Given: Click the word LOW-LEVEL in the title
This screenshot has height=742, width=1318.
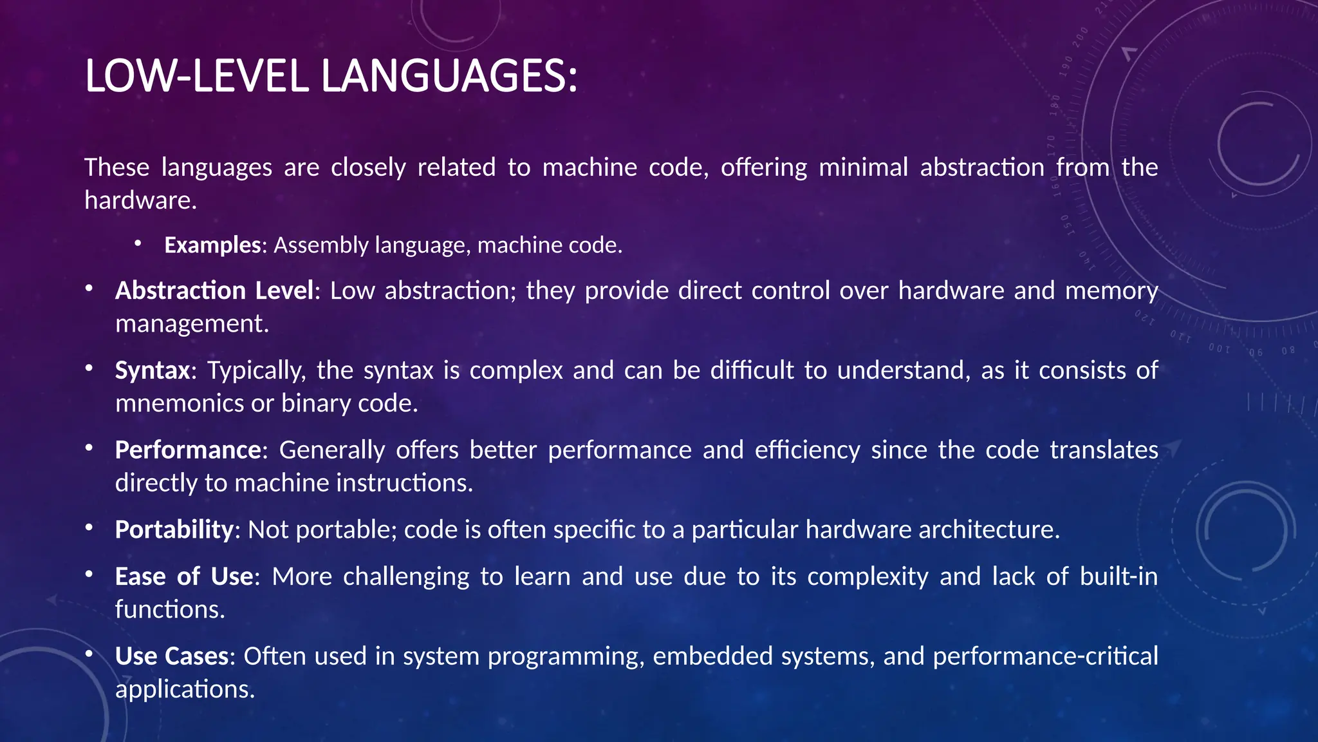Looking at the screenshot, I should coord(197,76).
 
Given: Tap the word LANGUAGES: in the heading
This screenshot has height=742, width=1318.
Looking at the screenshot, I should coord(449,76).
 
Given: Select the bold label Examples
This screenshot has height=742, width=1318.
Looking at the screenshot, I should coord(212,245).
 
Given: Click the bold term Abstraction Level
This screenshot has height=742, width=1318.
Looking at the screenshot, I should coord(214,290).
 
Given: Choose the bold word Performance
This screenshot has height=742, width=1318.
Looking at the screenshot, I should coord(188,450).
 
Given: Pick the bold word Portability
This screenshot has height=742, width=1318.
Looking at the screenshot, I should coord(174,529).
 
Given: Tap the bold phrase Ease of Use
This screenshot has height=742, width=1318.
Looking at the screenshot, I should coord(184,576).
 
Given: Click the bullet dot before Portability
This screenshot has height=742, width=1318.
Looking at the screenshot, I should coord(89,528).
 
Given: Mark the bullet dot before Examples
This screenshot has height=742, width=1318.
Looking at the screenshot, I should coord(138,243).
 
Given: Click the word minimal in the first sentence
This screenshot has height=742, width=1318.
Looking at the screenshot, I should coord(863,167).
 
